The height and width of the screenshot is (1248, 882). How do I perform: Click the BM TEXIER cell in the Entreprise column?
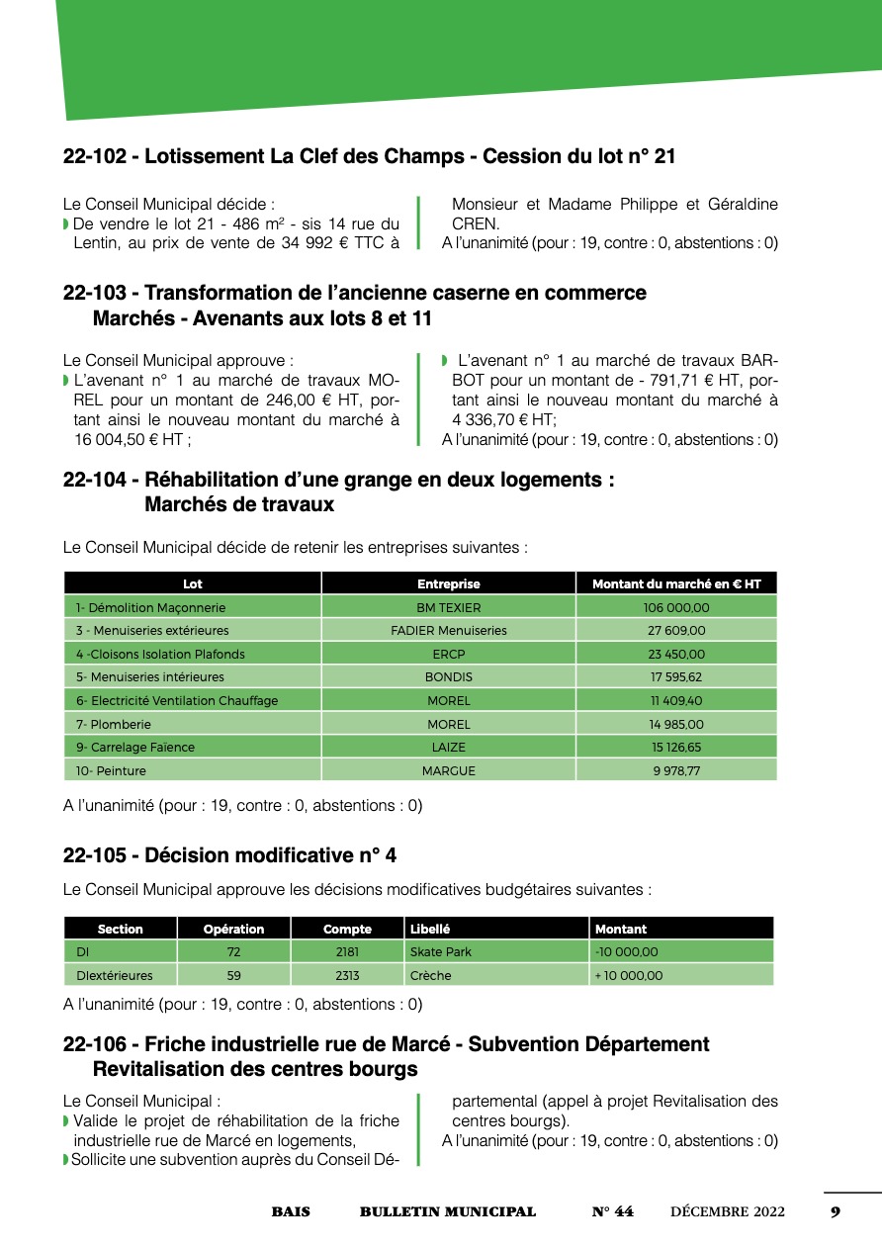[x=448, y=608]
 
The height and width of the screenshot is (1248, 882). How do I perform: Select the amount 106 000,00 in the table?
[x=677, y=608]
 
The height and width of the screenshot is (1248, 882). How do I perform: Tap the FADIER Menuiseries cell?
[x=448, y=631]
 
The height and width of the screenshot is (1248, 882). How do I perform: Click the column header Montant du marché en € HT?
[x=677, y=584]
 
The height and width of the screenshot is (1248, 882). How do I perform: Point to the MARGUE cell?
[x=448, y=770]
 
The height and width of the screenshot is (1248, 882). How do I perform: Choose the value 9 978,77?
[x=677, y=770]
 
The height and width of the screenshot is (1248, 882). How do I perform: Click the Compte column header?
[x=347, y=930]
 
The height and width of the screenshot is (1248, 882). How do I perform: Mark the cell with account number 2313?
[x=347, y=976]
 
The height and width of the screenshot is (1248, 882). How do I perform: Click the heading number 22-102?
[x=98, y=156]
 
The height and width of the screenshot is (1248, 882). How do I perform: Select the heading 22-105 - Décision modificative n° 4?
[x=229, y=855]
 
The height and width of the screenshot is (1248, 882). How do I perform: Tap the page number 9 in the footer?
[x=836, y=1212]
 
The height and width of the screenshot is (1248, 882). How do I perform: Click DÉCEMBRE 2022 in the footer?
[x=728, y=1212]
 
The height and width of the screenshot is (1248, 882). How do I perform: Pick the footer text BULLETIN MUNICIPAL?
[x=448, y=1212]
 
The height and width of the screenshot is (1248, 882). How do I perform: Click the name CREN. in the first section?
[x=476, y=224]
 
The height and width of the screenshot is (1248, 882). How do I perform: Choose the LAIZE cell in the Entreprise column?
[x=448, y=748]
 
